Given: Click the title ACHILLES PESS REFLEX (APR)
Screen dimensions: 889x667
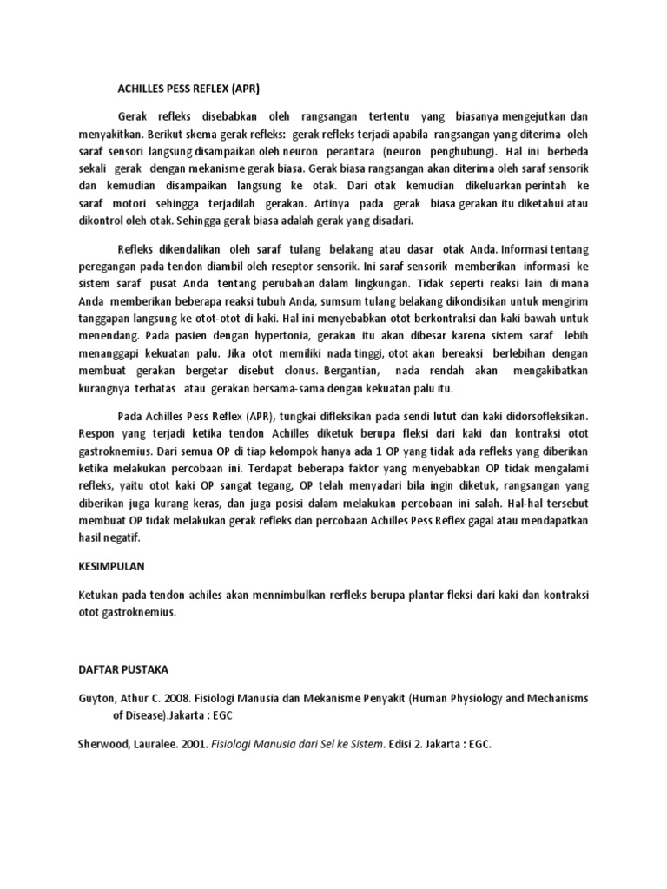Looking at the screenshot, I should click(188, 89).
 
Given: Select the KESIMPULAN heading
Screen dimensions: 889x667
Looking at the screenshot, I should click(108, 565).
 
